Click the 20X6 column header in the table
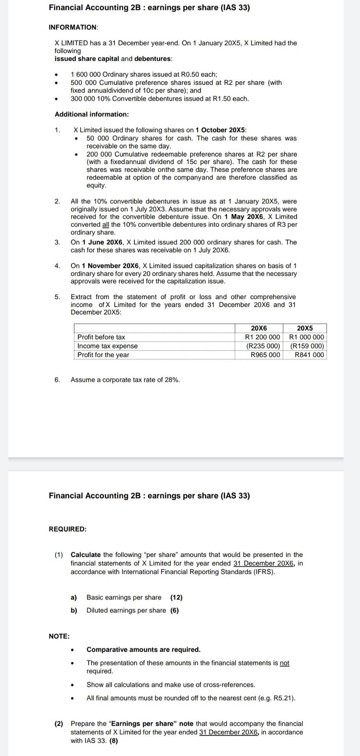[x=258, y=328]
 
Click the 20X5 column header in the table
[x=304, y=328]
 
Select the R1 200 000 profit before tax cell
[x=262, y=337]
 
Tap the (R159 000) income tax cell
[x=307, y=346]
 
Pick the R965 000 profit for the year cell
[x=265, y=355]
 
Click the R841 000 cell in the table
[x=309, y=355]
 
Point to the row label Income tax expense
[x=108, y=346]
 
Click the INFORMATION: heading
[x=73, y=27]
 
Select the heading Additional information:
[x=91, y=114]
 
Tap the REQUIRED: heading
[x=67, y=529]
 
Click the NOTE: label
[x=59, y=636]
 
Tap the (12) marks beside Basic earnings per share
[x=176, y=597]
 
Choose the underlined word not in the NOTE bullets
[x=284, y=663]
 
